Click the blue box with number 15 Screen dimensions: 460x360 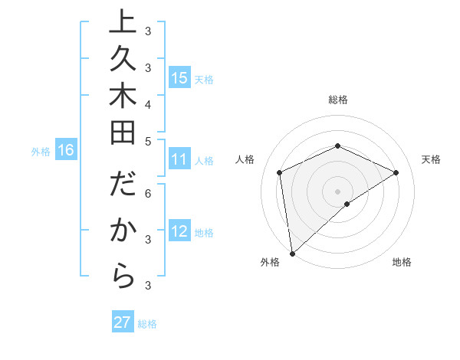[x=179, y=77]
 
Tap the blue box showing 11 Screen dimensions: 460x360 [x=179, y=159]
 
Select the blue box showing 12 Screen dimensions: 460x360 [x=179, y=231]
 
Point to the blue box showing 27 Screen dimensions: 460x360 [x=123, y=322]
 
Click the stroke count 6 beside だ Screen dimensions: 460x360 [x=148, y=195]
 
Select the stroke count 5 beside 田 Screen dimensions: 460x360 [x=148, y=141]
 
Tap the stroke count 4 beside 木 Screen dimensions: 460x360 [x=148, y=103]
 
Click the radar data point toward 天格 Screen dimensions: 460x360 [x=396, y=172]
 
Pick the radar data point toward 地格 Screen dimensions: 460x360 [x=347, y=204]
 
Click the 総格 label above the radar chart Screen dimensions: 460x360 [x=338, y=100]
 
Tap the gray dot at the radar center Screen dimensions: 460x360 [x=337, y=191]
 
